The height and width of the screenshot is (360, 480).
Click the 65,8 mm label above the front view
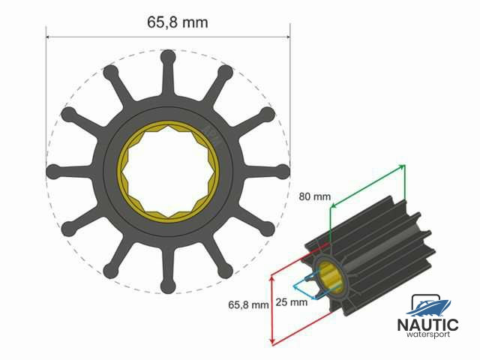(177, 22)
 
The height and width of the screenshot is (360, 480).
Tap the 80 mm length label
(314, 196)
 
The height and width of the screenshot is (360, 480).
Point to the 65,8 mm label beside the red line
(248, 305)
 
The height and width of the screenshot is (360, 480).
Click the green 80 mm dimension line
(367, 186)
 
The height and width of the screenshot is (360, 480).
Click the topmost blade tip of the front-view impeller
(168, 58)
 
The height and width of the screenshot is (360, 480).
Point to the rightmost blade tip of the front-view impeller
(284, 171)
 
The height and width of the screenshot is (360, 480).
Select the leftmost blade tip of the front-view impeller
(52, 172)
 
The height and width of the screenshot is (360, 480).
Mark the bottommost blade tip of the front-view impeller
(168, 285)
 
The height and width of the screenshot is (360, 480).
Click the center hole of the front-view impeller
(168, 172)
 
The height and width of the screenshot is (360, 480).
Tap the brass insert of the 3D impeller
(329, 277)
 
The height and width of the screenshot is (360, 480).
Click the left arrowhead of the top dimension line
(49, 35)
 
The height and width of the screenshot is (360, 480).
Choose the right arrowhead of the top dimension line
(287, 35)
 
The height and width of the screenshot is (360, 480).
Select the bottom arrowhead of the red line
(273, 343)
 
